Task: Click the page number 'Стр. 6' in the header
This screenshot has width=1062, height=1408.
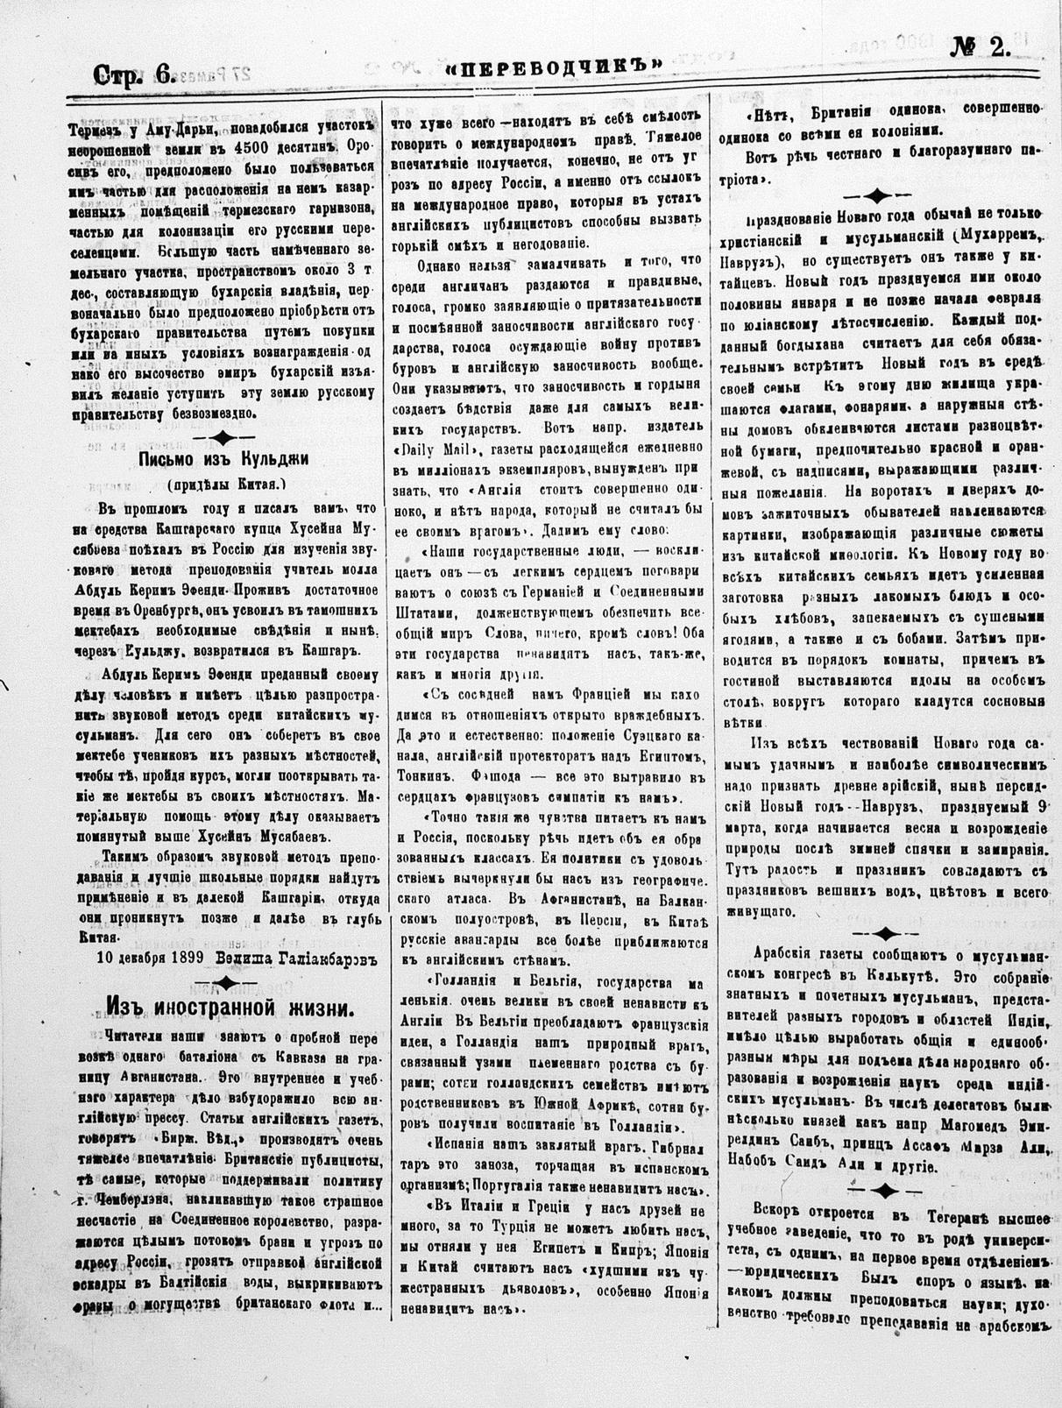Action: click(132, 76)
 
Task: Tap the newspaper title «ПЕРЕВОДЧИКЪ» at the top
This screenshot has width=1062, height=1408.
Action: click(552, 67)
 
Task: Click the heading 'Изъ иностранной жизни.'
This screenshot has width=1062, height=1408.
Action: click(230, 1008)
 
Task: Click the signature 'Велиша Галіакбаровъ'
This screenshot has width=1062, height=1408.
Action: click(288, 957)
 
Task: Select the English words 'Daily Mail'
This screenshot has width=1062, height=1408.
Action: click(436, 449)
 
